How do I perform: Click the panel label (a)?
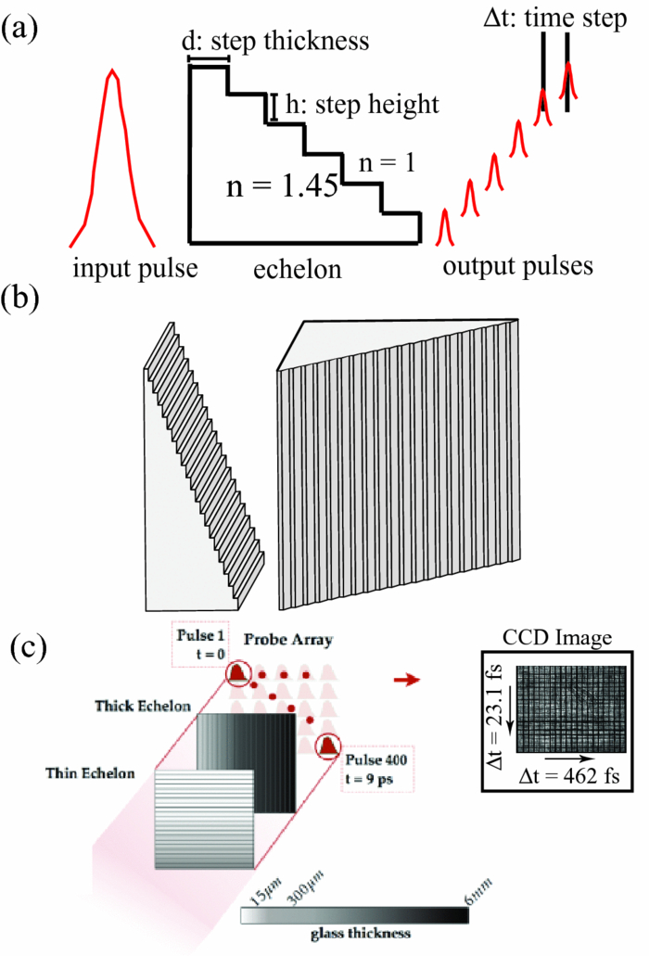[19, 27]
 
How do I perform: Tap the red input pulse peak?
[111, 74]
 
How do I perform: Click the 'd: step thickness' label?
[277, 41]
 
